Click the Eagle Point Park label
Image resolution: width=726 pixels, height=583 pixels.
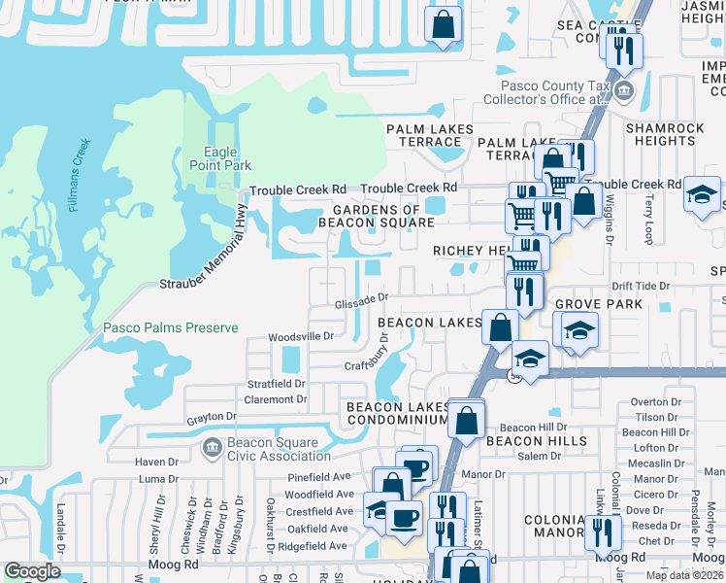(x=227, y=158)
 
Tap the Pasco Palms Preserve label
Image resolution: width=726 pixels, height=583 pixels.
(x=171, y=328)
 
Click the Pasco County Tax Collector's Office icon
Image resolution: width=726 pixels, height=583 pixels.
(x=623, y=93)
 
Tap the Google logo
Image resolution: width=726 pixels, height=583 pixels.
(x=32, y=572)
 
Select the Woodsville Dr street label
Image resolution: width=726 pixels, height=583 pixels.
(x=301, y=336)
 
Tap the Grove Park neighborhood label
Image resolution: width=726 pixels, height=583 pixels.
(x=599, y=305)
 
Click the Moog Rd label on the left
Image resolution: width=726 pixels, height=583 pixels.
(x=173, y=564)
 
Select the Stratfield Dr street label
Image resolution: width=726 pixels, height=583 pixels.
(x=277, y=384)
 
